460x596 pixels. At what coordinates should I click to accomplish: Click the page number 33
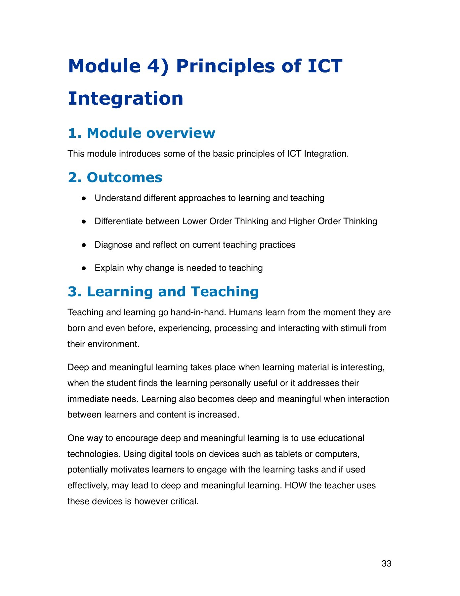[386, 564]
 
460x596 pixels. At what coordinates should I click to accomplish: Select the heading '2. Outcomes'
[115, 177]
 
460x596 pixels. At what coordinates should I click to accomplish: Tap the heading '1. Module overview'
[142, 133]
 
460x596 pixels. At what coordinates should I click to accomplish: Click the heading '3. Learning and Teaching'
[163, 292]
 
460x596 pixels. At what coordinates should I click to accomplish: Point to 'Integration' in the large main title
[125, 98]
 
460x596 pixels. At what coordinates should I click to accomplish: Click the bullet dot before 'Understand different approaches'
[84, 198]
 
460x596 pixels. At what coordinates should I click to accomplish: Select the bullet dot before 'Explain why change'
[84, 268]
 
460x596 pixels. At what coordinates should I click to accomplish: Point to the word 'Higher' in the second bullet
[302, 221]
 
